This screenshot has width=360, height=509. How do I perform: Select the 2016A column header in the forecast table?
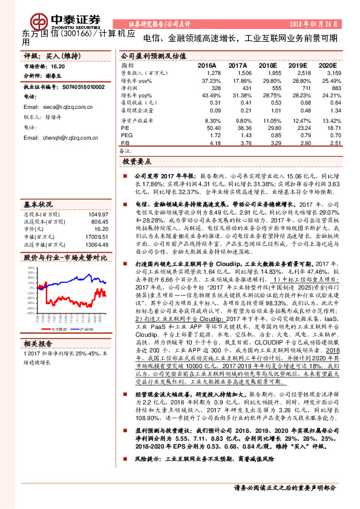pos(206,65)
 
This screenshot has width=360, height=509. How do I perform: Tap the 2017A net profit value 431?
pos(239,88)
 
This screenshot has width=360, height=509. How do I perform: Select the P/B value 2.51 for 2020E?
pos(328,143)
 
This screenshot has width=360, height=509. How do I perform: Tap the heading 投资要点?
pos(136,162)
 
